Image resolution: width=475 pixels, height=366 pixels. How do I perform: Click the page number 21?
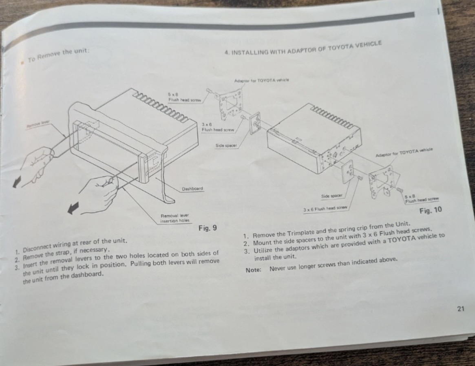click(x=460, y=309)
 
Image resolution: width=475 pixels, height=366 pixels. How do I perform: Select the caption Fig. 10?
click(x=431, y=210)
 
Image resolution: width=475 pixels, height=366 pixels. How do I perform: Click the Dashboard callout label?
click(x=192, y=189)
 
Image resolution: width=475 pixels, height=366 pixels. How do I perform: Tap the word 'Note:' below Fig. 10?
click(x=253, y=270)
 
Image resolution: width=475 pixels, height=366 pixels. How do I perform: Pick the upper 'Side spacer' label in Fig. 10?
click(x=226, y=146)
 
